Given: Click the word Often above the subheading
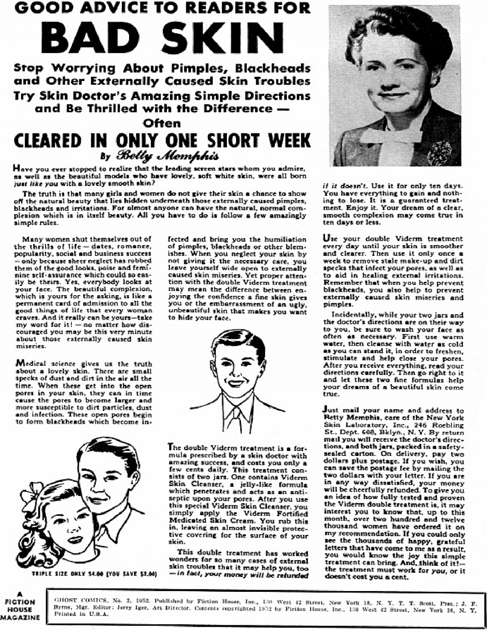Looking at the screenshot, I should [162, 123].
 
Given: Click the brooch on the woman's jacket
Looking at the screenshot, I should [440, 152].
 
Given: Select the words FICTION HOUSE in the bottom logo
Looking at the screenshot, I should [20, 606].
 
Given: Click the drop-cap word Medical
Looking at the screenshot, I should [31, 364].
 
